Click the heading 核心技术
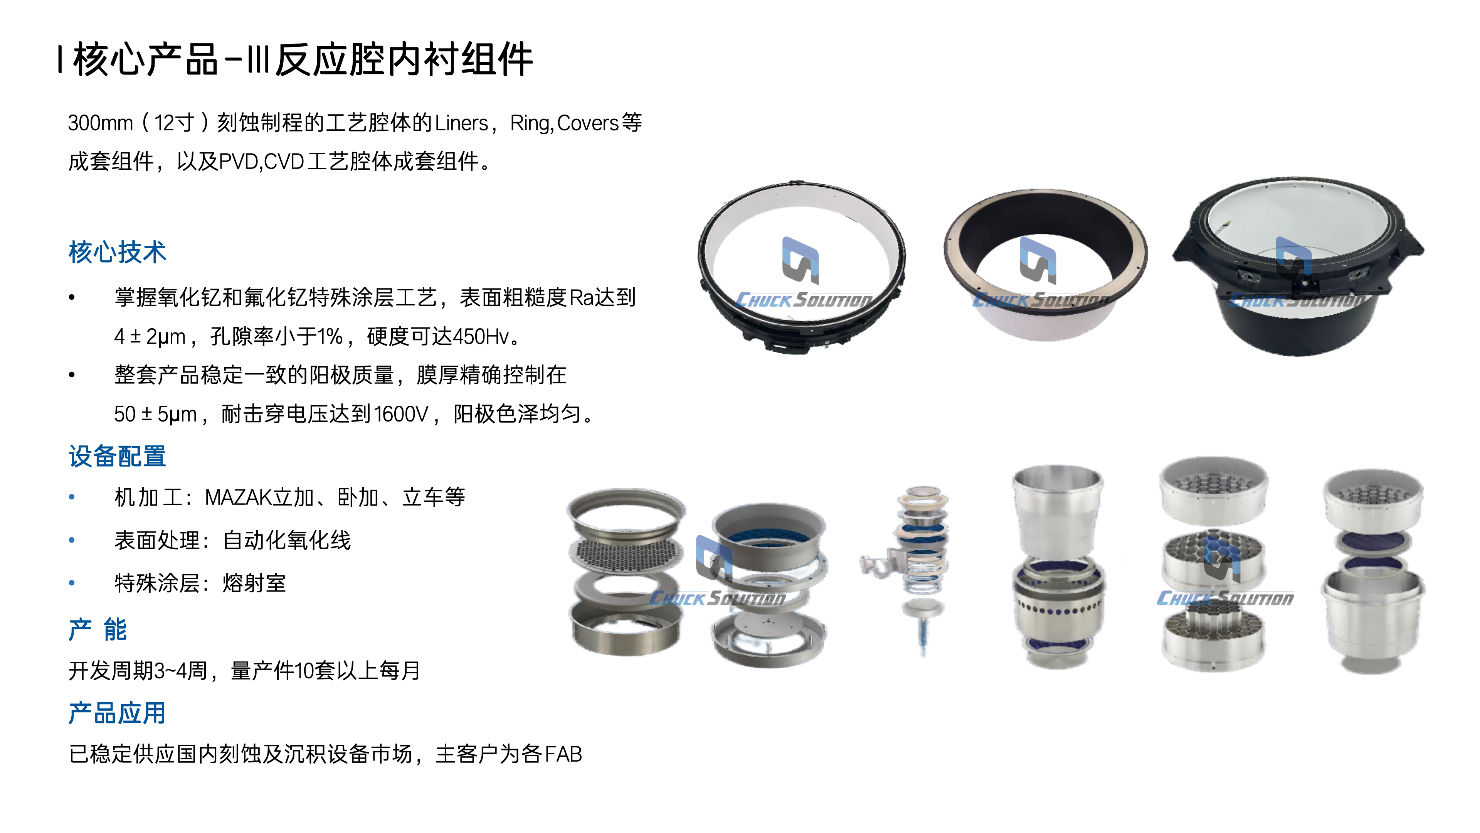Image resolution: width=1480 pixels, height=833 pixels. tap(117, 252)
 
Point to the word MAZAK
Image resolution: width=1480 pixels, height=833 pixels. tap(237, 497)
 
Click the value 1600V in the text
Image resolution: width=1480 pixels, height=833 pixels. tap(401, 414)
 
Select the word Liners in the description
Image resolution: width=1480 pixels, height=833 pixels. tap(461, 123)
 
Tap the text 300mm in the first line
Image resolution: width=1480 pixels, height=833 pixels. tap(101, 123)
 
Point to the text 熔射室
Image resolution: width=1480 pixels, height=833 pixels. tap(254, 583)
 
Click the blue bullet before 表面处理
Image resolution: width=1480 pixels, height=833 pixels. tap(72, 540)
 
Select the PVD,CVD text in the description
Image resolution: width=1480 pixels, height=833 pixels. tap(261, 162)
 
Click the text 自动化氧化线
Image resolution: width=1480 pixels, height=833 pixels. tap(287, 540)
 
